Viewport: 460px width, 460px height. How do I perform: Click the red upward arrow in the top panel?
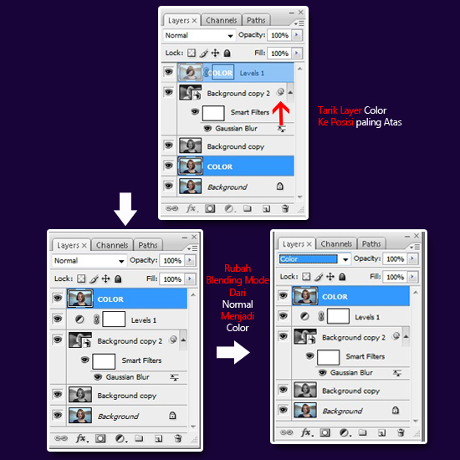tap(281, 113)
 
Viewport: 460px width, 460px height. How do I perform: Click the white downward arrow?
tap(125, 208)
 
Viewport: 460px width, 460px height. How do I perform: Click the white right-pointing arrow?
tap(233, 352)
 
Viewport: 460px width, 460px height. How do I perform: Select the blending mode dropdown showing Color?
tap(314, 259)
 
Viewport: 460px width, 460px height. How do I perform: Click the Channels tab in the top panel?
tap(221, 20)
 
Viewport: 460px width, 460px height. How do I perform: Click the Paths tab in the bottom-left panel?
tap(148, 245)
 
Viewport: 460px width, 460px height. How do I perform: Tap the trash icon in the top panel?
tap(285, 208)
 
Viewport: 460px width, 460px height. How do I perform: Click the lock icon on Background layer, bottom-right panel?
tap(396, 410)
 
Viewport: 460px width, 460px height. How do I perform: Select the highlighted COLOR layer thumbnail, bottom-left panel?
tap(80, 299)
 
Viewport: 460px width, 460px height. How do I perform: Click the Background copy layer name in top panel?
tap(236, 146)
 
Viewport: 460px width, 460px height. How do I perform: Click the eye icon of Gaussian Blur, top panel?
tap(207, 129)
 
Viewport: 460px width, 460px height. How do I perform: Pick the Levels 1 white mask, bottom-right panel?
tap(338, 316)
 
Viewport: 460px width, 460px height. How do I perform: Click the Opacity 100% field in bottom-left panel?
tap(172, 260)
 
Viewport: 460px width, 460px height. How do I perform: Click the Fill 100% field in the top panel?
tap(279, 53)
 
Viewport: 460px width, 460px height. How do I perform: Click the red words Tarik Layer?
tap(340, 110)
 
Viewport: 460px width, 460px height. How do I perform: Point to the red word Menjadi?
tap(238, 316)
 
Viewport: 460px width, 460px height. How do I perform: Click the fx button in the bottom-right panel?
tap(306, 432)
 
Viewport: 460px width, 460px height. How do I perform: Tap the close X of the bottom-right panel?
tap(417, 236)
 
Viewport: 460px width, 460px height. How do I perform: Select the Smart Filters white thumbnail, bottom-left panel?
tap(104, 361)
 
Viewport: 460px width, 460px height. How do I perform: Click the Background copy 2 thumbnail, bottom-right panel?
tap(305, 336)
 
